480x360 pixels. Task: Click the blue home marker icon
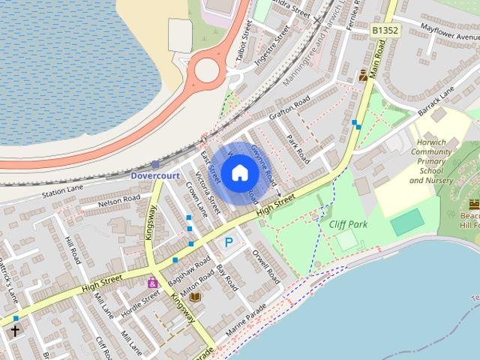click(239, 173)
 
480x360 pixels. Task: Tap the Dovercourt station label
click(156, 175)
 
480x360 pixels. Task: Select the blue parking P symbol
click(229, 242)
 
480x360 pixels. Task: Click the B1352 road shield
click(384, 31)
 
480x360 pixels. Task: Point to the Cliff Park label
click(347, 223)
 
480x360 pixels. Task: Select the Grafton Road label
click(289, 108)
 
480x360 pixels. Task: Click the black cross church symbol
click(15, 330)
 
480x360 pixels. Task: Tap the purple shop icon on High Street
click(152, 283)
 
